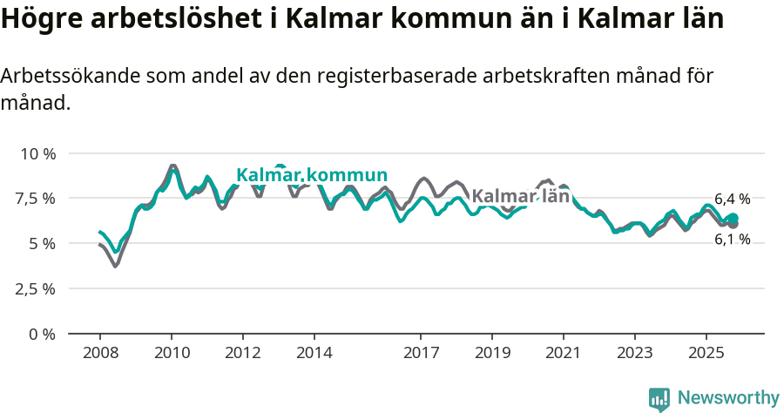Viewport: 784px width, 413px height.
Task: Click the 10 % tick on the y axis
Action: (37, 153)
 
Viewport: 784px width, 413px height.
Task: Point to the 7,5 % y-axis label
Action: (36, 199)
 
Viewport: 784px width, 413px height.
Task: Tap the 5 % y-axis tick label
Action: (43, 244)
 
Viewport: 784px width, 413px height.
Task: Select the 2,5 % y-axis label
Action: (36, 288)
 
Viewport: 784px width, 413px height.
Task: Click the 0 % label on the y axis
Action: (43, 334)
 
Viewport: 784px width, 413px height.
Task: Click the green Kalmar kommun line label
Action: (312, 175)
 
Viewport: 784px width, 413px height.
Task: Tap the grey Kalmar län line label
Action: (520, 196)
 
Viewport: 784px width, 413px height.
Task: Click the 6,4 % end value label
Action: (732, 199)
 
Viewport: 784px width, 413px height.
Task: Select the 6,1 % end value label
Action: (732, 240)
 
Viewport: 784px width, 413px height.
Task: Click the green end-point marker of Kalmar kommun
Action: (733, 218)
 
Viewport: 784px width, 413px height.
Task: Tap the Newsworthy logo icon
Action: (659, 398)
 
